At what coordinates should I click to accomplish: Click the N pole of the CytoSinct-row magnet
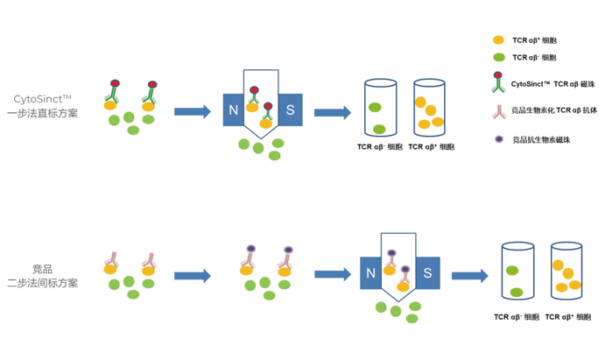pos(233,110)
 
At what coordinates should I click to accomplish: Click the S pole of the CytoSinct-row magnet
pos(291,110)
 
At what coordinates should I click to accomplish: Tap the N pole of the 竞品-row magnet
pos(370,273)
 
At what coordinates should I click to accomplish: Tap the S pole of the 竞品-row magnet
pos(427,273)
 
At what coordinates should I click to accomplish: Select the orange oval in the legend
pos(498,40)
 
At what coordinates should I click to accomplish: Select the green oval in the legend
pos(498,58)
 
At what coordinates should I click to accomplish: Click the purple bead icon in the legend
pos(499,139)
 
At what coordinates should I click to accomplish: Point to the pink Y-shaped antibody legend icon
pos(499,111)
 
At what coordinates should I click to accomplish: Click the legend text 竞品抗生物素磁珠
pos(541,139)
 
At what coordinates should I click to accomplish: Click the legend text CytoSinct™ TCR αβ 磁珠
pos(552,84)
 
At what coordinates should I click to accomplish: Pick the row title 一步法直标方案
pos(42,113)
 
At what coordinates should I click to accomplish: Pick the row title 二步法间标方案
pos(42,283)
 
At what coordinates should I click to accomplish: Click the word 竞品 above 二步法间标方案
pos(42,268)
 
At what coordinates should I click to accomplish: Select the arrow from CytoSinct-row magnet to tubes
pos(332,112)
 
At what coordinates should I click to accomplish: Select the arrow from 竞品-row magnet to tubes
pos(469,276)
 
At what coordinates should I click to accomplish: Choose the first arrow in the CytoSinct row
pos(193,111)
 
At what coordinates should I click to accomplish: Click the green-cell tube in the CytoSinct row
pos(380,109)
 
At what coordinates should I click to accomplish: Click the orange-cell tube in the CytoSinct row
pos(430,109)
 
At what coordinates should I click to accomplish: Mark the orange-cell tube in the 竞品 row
pos(566,272)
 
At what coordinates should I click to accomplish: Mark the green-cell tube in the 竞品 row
pos(517,272)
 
